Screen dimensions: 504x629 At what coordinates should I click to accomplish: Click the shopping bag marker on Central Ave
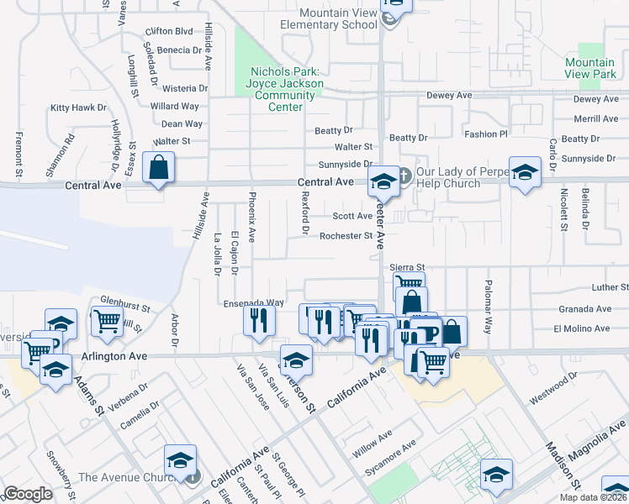click(158, 168)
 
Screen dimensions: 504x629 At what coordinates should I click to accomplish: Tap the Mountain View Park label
click(590, 68)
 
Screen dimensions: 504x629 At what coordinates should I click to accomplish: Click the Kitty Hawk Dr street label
click(78, 108)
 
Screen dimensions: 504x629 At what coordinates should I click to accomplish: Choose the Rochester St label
click(346, 236)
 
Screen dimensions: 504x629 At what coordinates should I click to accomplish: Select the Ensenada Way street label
click(253, 302)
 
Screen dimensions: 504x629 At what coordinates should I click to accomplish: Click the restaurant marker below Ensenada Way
click(259, 320)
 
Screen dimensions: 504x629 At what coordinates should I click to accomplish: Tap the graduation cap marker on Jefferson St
click(296, 360)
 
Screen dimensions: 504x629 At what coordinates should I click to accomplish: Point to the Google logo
click(28, 494)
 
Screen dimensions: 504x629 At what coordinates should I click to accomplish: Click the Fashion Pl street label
click(486, 134)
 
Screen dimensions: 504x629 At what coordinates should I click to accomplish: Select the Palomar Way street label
click(486, 306)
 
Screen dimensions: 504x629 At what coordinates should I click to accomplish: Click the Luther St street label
click(610, 287)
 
